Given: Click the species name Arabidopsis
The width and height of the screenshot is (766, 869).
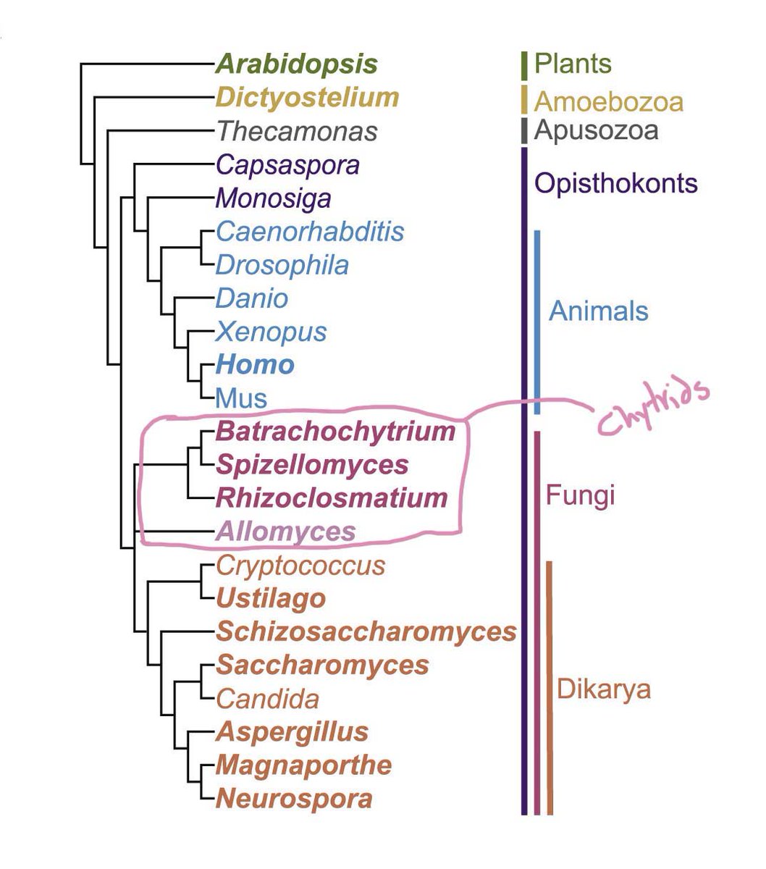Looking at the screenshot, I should click(296, 64).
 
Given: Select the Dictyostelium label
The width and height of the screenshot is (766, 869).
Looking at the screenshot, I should click(307, 98).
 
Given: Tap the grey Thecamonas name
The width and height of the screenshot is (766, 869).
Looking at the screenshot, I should click(297, 132).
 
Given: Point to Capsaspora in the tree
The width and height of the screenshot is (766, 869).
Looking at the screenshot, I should click(287, 165).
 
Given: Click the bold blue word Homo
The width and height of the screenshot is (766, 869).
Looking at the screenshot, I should click(255, 364).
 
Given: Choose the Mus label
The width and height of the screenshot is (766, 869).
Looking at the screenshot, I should click(241, 398).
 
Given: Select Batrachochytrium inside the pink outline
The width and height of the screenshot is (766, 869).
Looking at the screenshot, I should click(335, 432).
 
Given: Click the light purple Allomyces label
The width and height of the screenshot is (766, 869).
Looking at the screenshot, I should click(285, 532).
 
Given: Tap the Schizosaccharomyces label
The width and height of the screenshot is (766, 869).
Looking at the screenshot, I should click(366, 631).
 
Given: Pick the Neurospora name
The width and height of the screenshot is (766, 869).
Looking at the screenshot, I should click(294, 799).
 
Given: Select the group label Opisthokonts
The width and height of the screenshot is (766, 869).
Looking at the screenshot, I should click(615, 182).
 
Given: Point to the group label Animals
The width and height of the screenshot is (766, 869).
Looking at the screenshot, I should click(598, 311).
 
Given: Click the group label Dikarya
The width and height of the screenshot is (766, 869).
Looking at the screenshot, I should click(603, 689).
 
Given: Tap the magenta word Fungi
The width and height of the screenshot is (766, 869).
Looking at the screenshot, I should click(580, 496).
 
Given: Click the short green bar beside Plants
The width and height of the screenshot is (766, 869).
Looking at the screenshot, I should click(523, 65).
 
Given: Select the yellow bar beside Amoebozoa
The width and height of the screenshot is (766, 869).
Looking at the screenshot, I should click(523, 99).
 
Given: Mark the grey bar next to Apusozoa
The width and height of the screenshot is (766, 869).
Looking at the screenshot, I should click(523, 130).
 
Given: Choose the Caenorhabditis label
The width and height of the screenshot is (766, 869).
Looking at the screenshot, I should click(310, 232).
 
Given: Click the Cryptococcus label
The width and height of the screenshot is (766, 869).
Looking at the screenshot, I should click(300, 565).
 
